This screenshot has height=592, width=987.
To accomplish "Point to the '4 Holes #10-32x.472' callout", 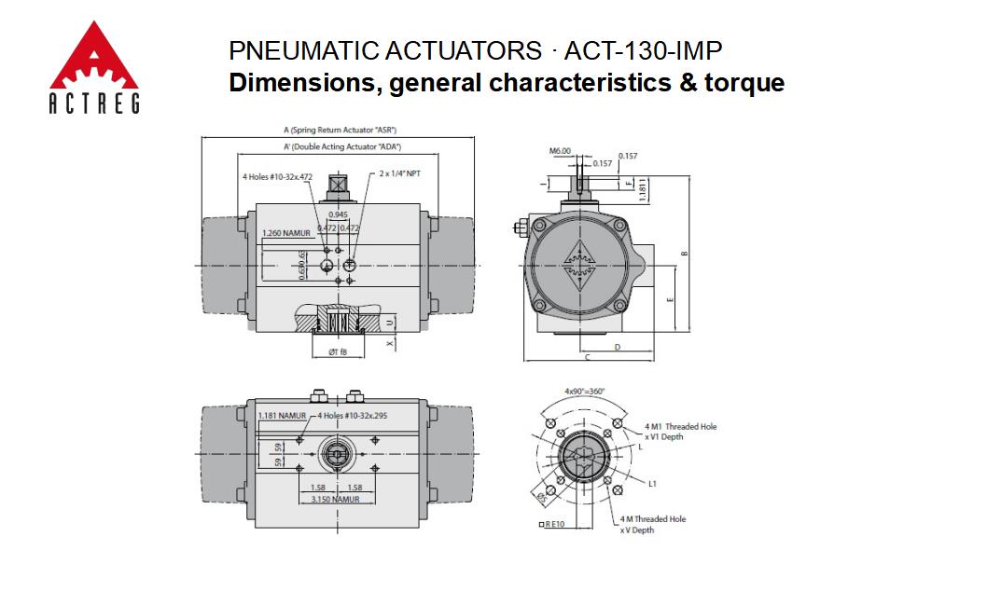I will (x=277, y=176).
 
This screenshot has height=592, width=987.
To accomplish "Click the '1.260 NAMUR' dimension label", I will (x=285, y=233).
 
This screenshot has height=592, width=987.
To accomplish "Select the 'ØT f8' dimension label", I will (x=338, y=351).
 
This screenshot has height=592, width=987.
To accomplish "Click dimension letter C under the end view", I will (x=587, y=357).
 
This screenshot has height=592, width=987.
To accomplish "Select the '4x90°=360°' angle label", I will (x=585, y=391).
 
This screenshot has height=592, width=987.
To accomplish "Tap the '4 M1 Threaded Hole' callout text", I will (x=680, y=426).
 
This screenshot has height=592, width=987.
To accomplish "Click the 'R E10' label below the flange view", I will (x=553, y=525).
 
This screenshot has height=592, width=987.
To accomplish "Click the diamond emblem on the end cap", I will (x=579, y=260).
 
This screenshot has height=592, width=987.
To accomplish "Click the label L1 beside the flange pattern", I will (x=653, y=484).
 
